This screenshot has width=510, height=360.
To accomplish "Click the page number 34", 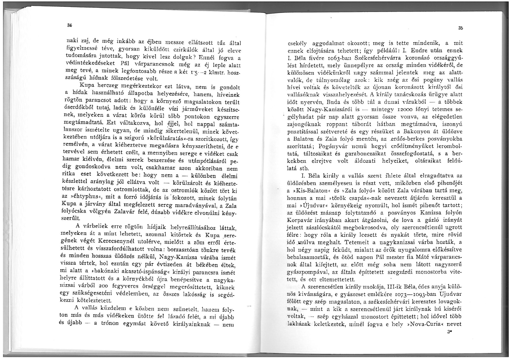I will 69,25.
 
